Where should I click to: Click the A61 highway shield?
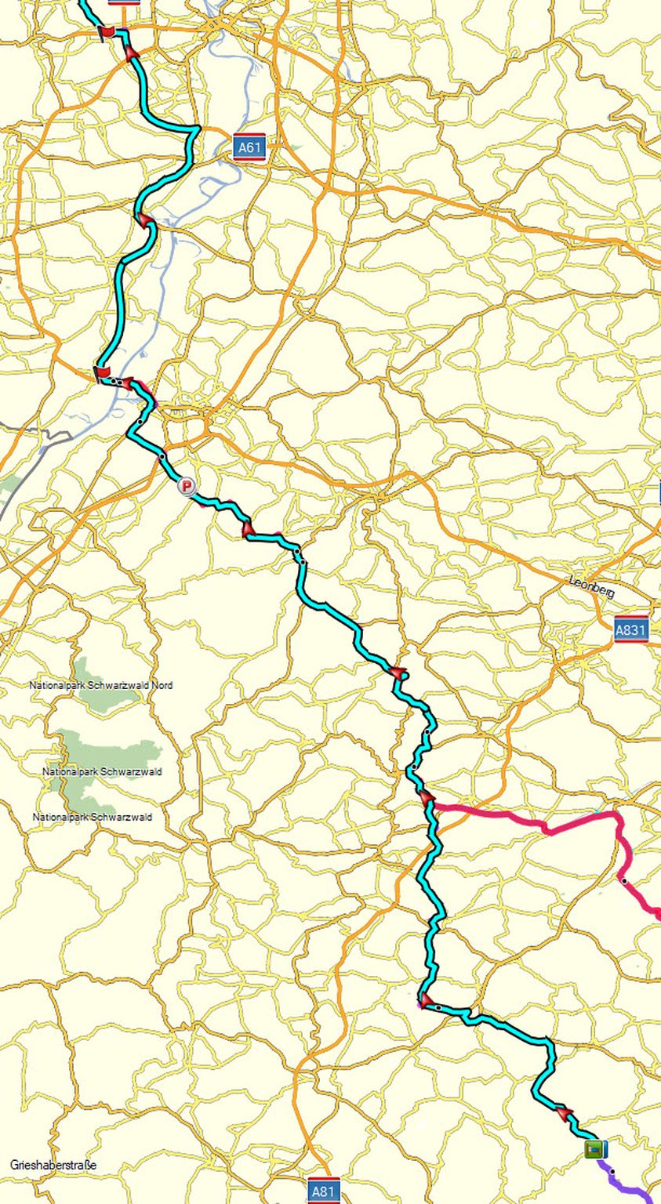pyautogui.click(x=248, y=147)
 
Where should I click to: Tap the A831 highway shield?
pyautogui.click(x=630, y=629)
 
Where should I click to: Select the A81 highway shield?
pyautogui.click(x=323, y=1191)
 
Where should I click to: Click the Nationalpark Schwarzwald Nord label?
pyautogui.click(x=101, y=685)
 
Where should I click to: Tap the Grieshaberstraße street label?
pyautogui.click(x=53, y=1165)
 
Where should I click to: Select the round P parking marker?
pyautogui.click(x=186, y=487)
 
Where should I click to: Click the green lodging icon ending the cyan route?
pyautogui.click(x=595, y=1149)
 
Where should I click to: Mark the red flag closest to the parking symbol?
pyautogui.click(x=101, y=372)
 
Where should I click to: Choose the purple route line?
pyautogui.click(x=627, y=1188)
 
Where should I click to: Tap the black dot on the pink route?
pyautogui.click(x=624, y=881)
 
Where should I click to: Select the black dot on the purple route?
pyautogui.click(x=612, y=1173)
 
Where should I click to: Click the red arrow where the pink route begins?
pyautogui.click(x=428, y=798)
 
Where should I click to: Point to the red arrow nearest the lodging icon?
pyautogui.click(x=565, y=1114)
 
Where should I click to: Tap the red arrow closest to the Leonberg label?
pyautogui.click(x=399, y=673)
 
